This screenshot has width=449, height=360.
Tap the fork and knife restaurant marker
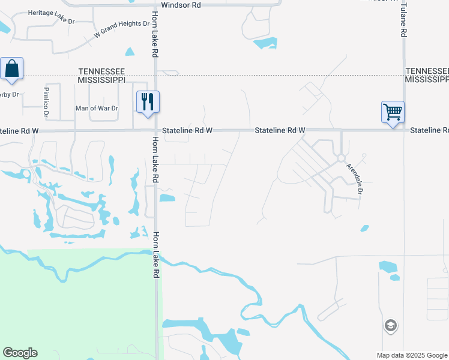click(147, 101)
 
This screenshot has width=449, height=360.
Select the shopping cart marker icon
click(393, 112)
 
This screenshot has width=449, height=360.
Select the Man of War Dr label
click(96, 108)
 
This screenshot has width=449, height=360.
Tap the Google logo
click(20, 353)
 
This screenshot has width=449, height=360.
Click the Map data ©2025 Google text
click(412, 355)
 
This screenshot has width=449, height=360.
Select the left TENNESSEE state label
click(101, 71)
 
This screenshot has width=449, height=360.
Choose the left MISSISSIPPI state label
click(101, 79)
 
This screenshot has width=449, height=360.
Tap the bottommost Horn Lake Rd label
click(155, 255)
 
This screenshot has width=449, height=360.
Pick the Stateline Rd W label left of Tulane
click(280, 130)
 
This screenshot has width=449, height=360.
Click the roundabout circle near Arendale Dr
click(340, 158)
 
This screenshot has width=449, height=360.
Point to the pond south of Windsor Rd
click(265, 43)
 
